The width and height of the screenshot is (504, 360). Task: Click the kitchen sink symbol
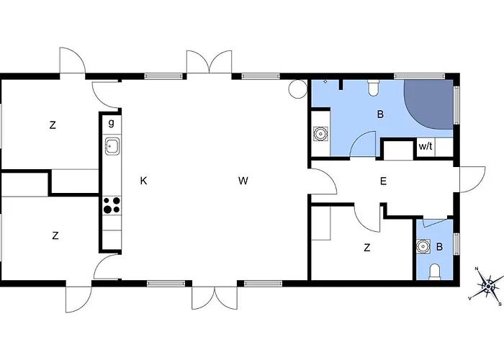pyautogui.click(x=112, y=146)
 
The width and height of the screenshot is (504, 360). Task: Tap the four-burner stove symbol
pyautogui.click(x=112, y=206)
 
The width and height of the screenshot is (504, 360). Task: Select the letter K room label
pyautogui.click(x=144, y=181)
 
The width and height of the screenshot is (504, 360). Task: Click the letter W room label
pyautogui.click(x=243, y=181)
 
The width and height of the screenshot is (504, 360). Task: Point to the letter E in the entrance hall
pyautogui.click(x=383, y=181)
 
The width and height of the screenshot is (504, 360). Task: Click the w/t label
pyautogui.click(x=426, y=147)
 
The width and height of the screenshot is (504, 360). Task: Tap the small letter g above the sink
pyautogui.click(x=111, y=123)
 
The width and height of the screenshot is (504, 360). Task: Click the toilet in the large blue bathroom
pyautogui.click(x=373, y=88)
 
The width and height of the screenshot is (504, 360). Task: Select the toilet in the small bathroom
pyautogui.click(x=435, y=271)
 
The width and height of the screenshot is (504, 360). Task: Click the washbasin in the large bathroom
pyautogui.click(x=320, y=134)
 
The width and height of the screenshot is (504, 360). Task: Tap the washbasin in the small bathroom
pyautogui.click(x=423, y=246)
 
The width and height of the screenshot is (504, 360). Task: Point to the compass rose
pyautogui.click(x=488, y=286)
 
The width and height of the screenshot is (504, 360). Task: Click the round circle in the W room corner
pyautogui.click(x=297, y=89)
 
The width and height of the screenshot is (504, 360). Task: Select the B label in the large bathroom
pyautogui.click(x=381, y=114)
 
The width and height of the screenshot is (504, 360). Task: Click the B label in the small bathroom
pyautogui.click(x=439, y=247)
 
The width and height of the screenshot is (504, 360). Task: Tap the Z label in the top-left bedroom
pyautogui.click(x=53, y=125)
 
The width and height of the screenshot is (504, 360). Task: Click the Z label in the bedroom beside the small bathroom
pyautogui.click(x=367, y=248)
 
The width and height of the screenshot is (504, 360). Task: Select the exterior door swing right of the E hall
pyautogui.click(x=472, y=180)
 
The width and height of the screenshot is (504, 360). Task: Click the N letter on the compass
pyautogui.click(x=477, y=269)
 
